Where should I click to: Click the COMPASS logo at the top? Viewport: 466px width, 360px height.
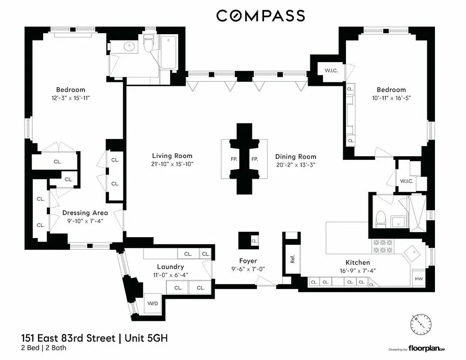point(260,16)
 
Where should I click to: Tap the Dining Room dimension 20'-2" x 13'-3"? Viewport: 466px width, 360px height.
point(296,164)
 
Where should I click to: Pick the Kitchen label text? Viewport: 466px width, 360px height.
point(358,262)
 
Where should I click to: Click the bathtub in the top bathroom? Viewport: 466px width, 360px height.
point(169,50)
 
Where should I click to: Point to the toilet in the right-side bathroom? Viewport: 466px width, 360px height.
point(381,219)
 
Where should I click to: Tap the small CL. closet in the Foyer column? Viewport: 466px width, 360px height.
point(255,241)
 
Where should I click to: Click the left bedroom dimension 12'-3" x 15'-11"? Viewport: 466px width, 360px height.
point(71,98)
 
